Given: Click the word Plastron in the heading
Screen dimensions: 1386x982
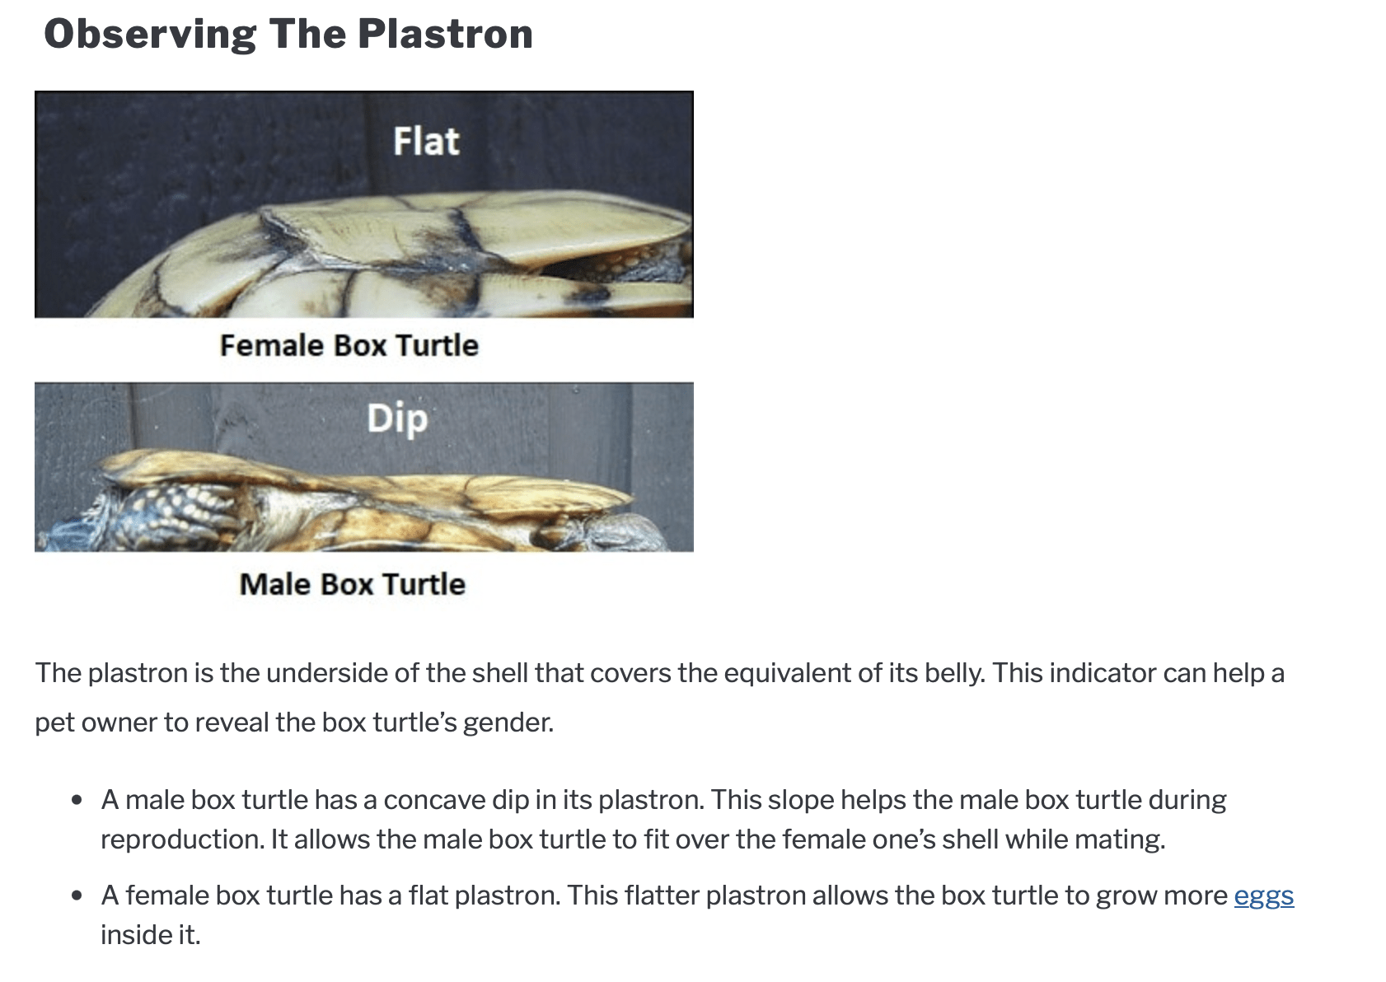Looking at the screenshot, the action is (445, 34).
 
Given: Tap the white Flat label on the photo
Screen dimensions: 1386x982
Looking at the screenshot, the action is (426, 141).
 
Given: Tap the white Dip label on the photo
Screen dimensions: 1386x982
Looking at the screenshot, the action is (397, 419).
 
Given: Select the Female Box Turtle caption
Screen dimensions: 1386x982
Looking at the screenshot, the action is (349, 345).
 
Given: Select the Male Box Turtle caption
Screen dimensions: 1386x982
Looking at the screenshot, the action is (353, 584).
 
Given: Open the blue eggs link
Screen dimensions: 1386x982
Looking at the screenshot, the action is (1263, 896).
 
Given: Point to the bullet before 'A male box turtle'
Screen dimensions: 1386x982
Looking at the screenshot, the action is (77, 800).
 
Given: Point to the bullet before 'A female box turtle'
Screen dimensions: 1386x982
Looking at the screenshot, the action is (77, 895).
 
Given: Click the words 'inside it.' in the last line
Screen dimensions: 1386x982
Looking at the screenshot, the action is (151, 935).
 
